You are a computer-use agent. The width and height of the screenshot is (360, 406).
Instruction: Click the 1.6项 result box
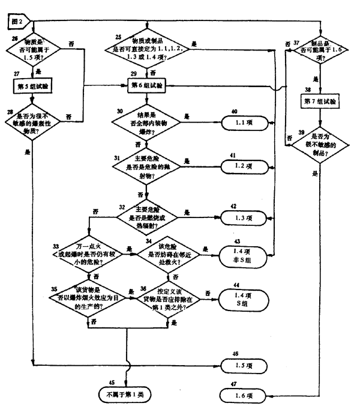242,396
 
